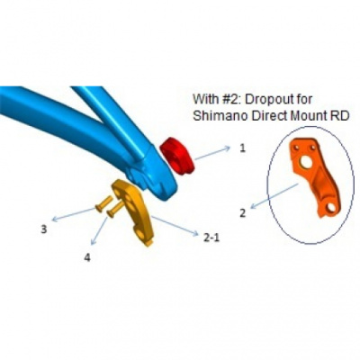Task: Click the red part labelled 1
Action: tap(177, 157)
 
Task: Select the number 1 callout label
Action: tap(242, 148)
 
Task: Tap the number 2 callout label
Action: tap(243, 213)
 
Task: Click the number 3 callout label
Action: tap(44, 229)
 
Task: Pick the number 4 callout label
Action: tap(87, 257)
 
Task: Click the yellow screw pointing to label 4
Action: tap(115, 209)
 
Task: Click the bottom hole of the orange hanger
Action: tap(331, 208)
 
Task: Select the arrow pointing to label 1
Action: tap(212, 153)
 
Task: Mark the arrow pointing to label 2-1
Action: tap(175, 226)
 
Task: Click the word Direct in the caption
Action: tap(268, 116)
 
